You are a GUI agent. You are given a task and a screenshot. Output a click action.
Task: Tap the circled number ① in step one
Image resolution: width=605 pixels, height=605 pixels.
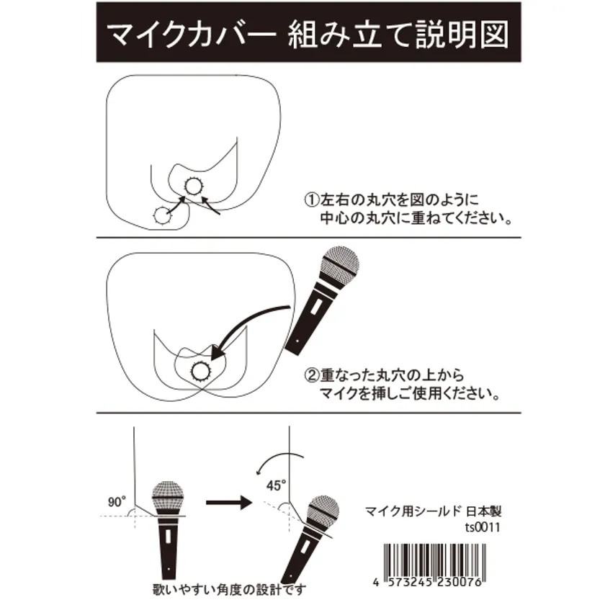(x=312, y=200)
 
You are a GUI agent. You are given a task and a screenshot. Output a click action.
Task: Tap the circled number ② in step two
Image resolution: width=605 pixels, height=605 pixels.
(x=312, y=375)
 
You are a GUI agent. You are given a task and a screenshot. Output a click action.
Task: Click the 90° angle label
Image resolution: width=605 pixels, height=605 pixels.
(x=117, y=502)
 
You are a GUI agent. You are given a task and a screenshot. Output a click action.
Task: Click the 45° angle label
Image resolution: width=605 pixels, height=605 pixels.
(x=277, y=485)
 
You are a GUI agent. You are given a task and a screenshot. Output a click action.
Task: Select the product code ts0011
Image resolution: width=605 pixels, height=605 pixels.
(x=483, y=527)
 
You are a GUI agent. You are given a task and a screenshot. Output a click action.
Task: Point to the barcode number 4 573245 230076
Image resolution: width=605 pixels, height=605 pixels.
(x=428, y=582)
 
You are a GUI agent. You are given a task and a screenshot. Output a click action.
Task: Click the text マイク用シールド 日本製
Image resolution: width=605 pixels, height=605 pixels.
(x=433, y=511)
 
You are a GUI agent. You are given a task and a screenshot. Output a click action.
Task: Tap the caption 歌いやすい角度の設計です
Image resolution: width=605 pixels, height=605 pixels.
(x=230, y=590)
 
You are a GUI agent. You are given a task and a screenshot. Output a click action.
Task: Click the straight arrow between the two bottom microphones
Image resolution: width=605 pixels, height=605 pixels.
(x=229, y=502)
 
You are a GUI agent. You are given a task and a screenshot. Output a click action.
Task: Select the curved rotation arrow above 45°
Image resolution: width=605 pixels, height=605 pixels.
(x=277, y=458)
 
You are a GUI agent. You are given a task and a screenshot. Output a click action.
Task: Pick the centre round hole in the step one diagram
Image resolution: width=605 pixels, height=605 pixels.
(x=193, y=187)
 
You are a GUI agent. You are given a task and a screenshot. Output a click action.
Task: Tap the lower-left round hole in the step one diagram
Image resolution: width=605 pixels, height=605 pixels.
(x=163, y=215)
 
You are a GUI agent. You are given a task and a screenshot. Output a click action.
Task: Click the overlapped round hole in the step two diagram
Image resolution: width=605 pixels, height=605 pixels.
(x=201, y=372)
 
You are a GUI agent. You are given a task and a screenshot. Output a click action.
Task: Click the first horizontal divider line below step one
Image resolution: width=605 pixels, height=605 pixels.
(x=309, y=238)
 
